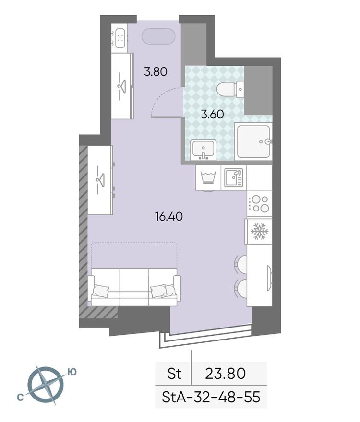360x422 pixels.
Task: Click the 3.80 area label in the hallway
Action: [156, 72]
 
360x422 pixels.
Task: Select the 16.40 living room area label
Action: [168, 217]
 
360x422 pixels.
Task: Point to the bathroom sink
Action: [204, 149]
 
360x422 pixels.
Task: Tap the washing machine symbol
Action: [207, 177]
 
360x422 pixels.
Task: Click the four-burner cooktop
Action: [259, 203]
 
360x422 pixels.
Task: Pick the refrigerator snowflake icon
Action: [259, 232]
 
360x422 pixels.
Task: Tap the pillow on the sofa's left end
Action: [102, 291]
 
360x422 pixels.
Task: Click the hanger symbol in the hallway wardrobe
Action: [122, 85]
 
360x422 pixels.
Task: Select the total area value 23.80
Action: [226, 373]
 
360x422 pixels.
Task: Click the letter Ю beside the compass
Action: [72, 371]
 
